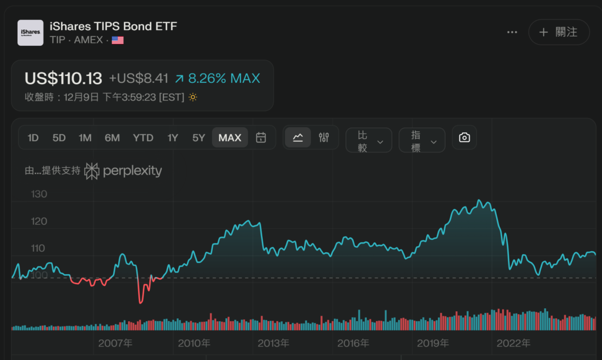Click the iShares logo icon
coord(30,32)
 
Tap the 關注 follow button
coord(558,32)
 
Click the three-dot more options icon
coord(512,32)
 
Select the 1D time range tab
coord(33,138)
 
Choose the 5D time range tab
coord(59,138)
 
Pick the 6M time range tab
coord(112,138)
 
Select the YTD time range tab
coord(143,138)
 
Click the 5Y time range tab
coord(199,138)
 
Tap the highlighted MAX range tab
coord(230,138)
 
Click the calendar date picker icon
coord(262,138)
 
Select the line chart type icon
coord(298,138)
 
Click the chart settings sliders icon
coord(324,138)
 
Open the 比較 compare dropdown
coord(369,141)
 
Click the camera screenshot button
coord(464,138)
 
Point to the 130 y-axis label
coord(38,194)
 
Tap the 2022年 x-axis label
coord(513,343)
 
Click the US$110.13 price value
coord(63,78)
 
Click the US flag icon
coord(118,40)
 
